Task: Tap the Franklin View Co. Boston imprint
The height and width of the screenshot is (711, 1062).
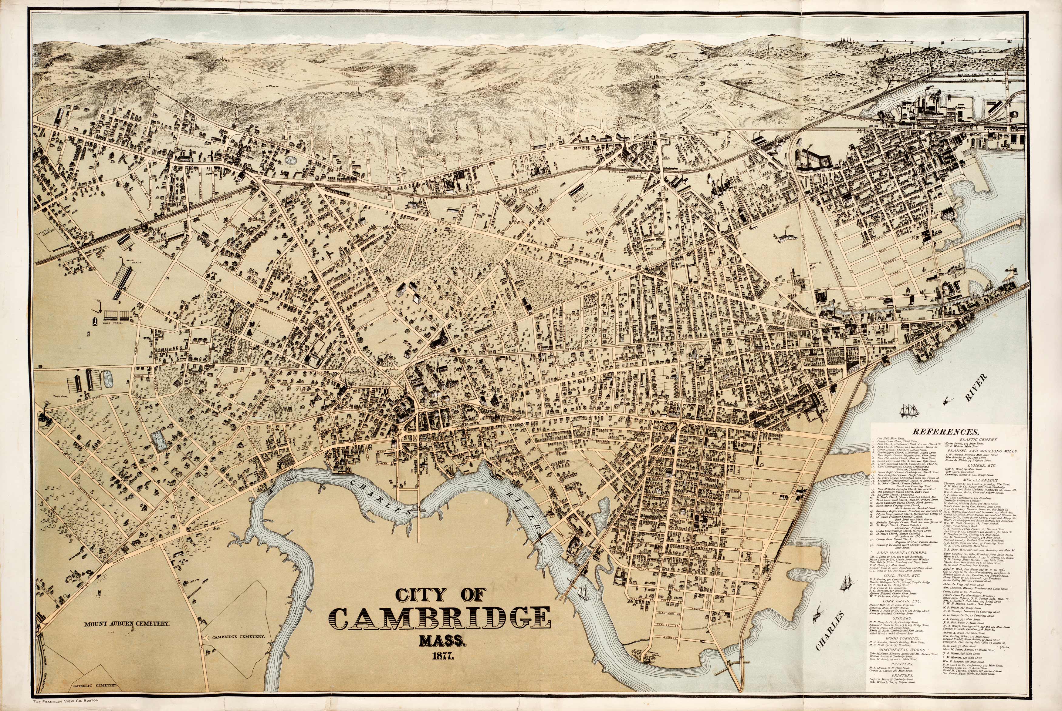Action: point(66,701)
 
